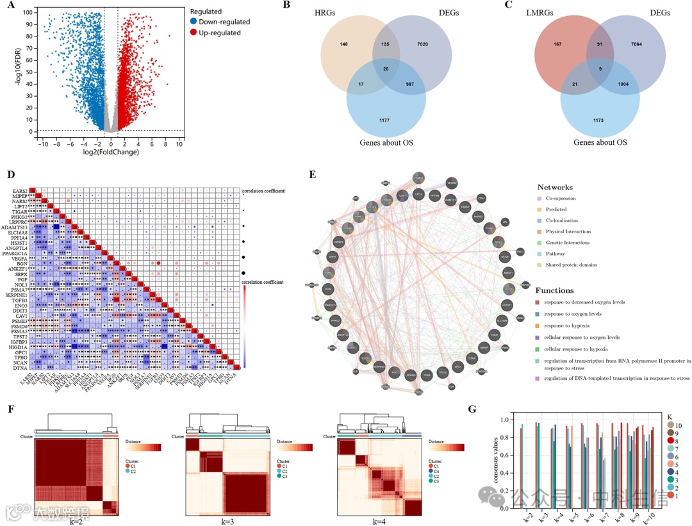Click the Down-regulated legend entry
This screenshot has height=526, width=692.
224,22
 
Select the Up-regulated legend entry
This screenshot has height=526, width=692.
220,33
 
